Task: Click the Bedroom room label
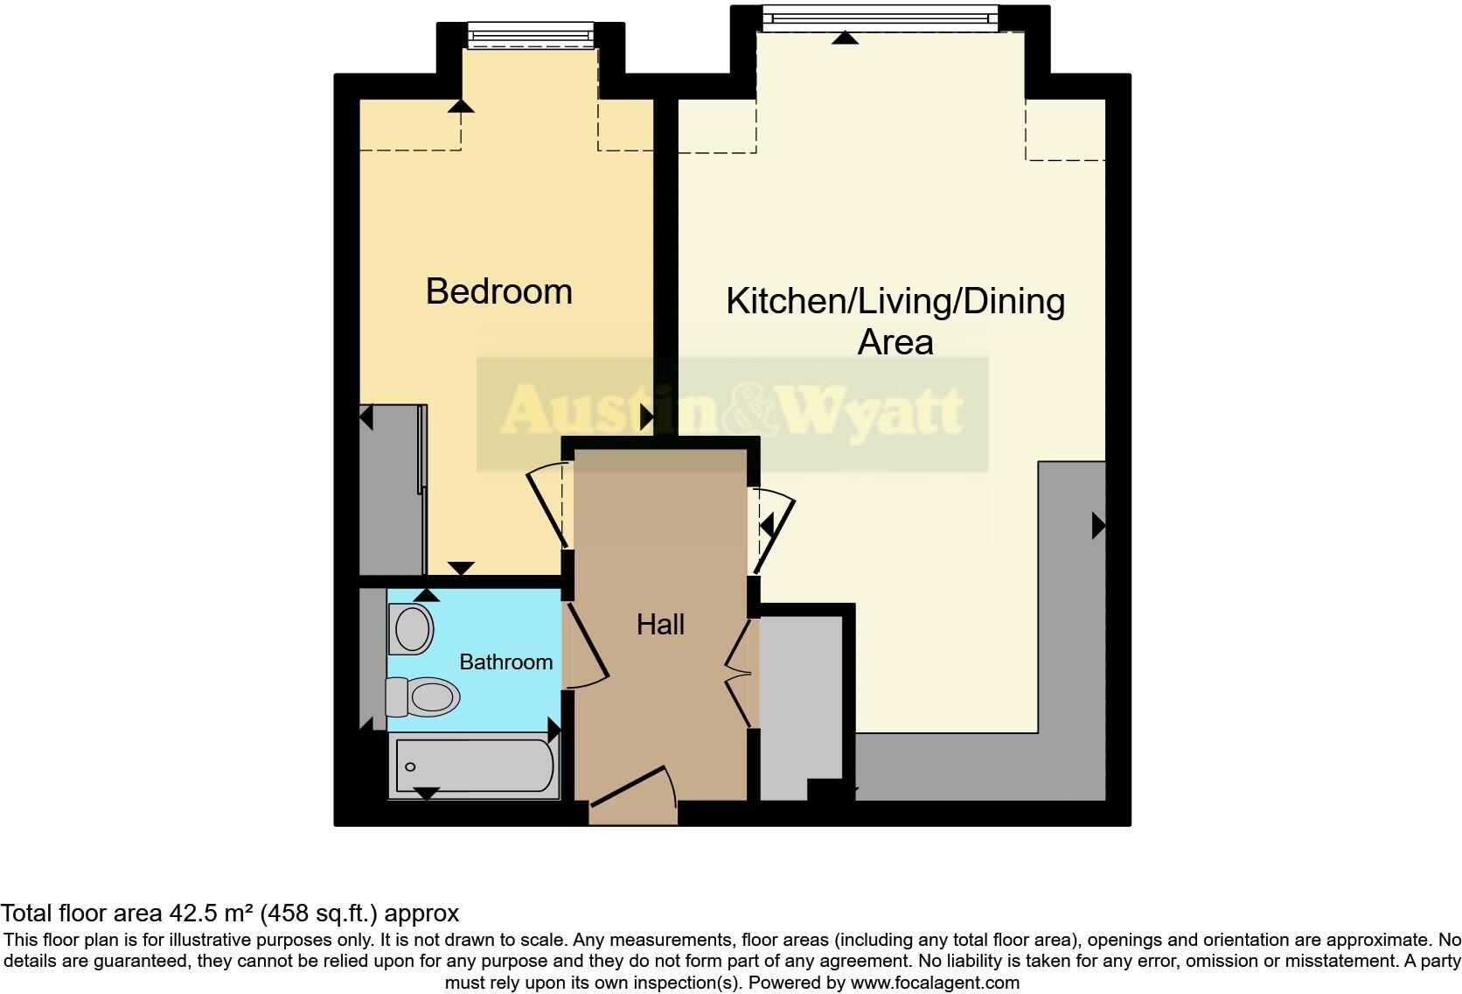tap(498, 291)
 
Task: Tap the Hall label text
tap(660, 624)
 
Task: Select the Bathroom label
tap(505, 661)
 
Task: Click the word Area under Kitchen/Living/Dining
tap(895, 342)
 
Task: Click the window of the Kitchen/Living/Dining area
tap(879, 17)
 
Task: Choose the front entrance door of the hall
tap(631, 787)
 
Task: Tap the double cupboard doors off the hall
tap(740, 673)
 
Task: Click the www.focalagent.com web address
tap(935, 983)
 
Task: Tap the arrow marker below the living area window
tap(844, 38)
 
